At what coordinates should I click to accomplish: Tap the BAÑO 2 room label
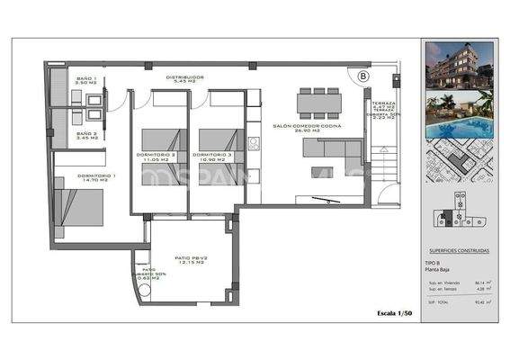tap(87, 135)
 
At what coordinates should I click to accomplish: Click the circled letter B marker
tap(362, 76)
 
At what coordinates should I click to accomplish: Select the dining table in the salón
tap(318, 102)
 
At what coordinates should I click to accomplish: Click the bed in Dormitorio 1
tap(79, 206)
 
